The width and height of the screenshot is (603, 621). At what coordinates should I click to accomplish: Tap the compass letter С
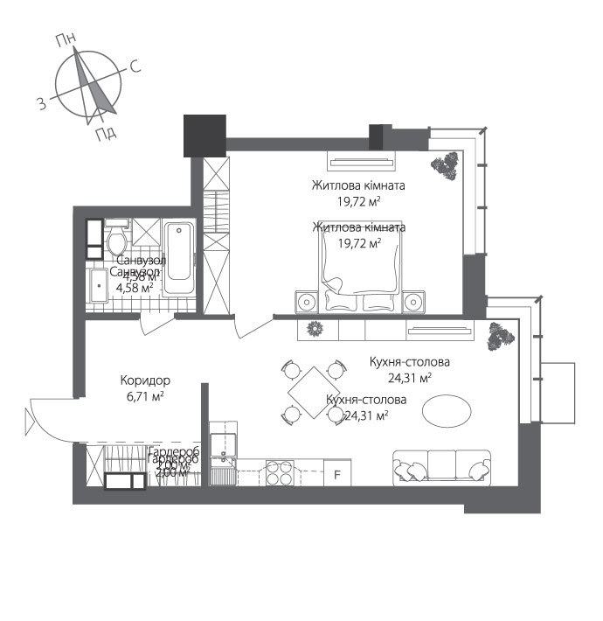pos(135,66)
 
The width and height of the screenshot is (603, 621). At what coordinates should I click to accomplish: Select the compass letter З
pos(41,104)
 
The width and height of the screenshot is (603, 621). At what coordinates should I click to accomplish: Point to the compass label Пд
pos(106,133)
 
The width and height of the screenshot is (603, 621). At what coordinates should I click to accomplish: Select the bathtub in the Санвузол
pos(179,259)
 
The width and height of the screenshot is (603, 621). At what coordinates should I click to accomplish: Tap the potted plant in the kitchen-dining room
pos(501,336)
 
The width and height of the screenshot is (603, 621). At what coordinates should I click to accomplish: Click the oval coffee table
pos(450,409)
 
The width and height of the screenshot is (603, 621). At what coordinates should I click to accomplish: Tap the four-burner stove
pos(280,473)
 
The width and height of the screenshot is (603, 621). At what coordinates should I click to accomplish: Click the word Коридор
pos(144,381)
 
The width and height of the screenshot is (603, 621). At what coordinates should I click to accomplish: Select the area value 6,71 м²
pos(144,396)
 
